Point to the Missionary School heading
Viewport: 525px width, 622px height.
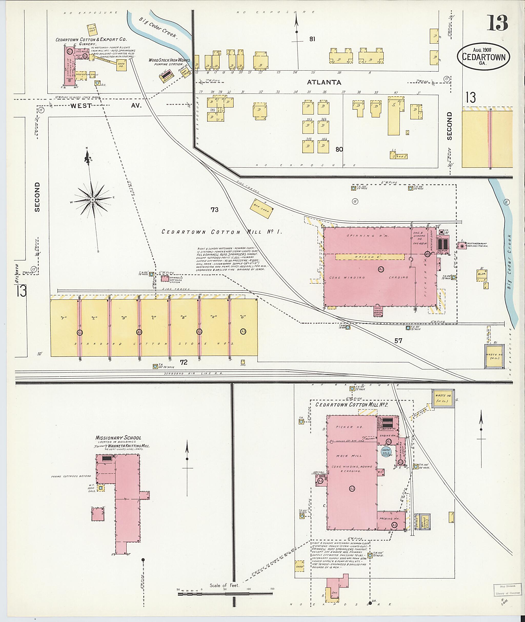[118, 438]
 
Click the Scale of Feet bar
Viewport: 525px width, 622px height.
[225, 594]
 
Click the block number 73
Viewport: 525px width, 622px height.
[215, 210]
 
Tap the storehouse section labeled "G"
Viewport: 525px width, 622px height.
[243, 317]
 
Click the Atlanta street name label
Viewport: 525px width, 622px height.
[324, 82]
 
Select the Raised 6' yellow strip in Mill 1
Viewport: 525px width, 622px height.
[370, 257]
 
